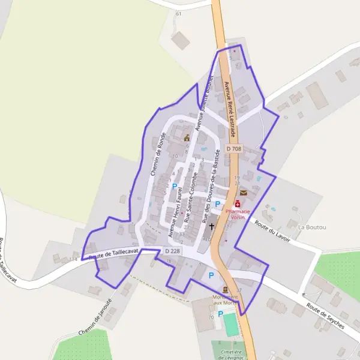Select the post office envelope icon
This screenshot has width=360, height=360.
244,193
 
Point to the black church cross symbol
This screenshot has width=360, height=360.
212,227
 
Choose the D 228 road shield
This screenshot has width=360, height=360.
172,251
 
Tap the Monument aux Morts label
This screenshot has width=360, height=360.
226,301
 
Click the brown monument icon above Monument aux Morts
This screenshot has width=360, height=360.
226,290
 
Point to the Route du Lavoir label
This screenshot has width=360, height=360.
272,232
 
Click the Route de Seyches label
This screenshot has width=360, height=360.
325,316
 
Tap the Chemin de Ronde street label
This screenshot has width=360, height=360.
158,154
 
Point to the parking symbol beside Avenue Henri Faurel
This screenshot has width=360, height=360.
175,187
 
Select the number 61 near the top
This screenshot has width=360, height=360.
178,13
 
